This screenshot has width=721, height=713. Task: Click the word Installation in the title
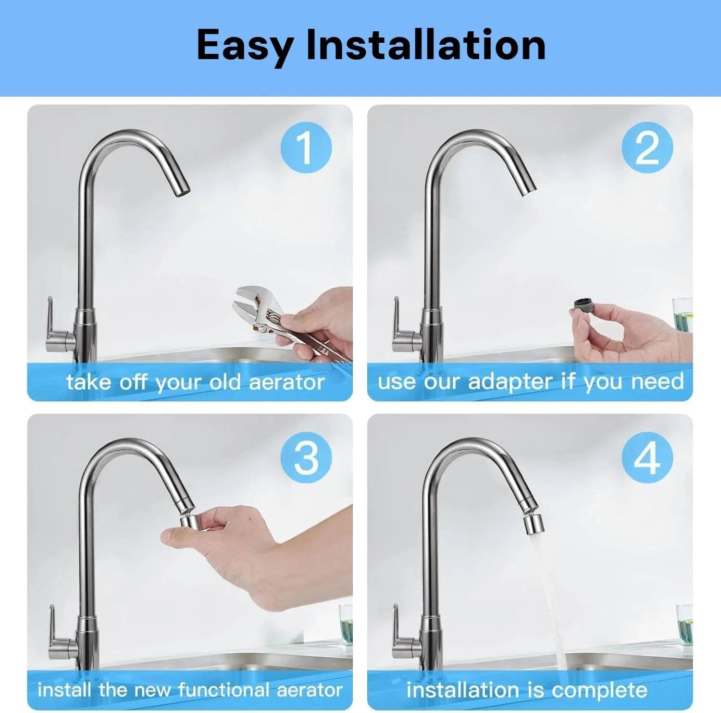[426, 44]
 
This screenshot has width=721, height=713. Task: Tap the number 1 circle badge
[306, 148]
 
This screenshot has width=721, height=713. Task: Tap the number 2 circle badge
[647, 148]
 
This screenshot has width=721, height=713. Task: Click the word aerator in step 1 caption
[287, 383]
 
